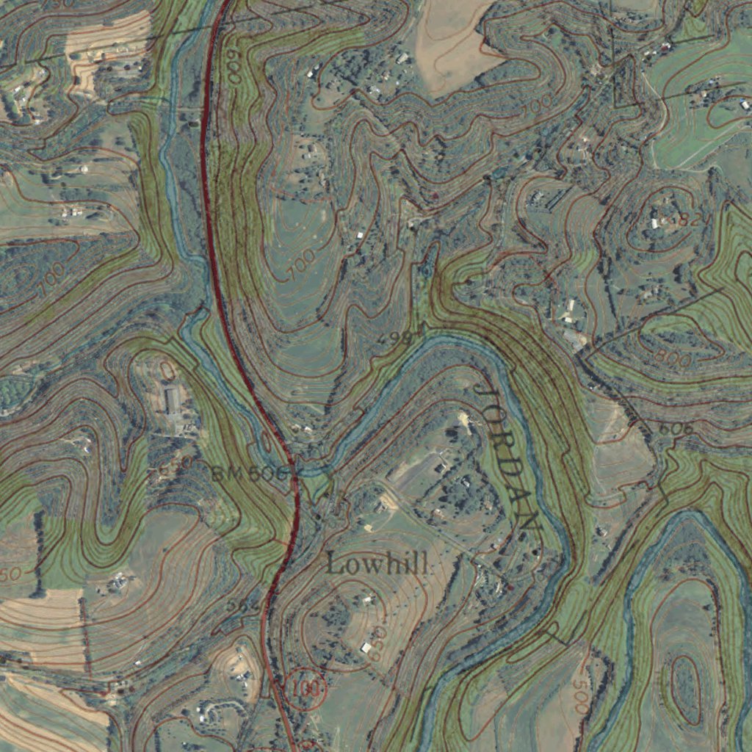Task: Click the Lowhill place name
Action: [377, 564]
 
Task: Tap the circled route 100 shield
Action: [304, 687]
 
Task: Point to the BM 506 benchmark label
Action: [250, 474]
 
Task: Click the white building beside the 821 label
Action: [656, 222]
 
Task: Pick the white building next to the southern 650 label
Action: [366, 647]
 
